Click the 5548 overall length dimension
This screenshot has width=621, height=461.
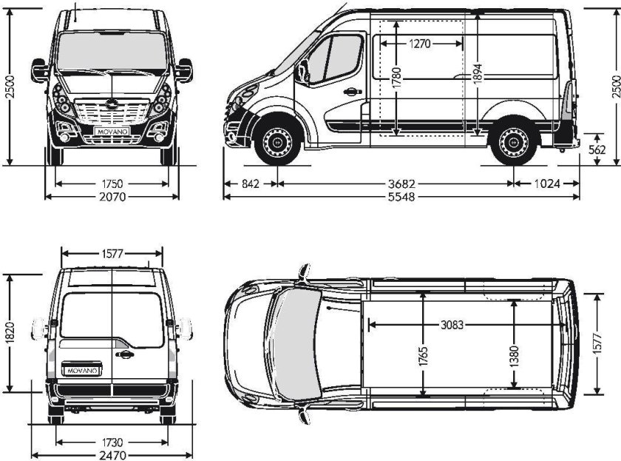(x=400, y=197)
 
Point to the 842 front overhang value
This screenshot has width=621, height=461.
(x=251, y=183)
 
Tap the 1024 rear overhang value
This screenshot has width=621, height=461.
(x=548, y=183)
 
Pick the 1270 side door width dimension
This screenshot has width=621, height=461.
(x=418, y=44)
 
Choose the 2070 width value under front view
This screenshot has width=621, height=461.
(x=112, y=197)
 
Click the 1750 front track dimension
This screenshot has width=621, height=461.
(x=112, y=183)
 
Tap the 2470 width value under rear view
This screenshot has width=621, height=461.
(x=112, y=455)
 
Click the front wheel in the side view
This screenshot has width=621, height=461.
(x=277, y=141)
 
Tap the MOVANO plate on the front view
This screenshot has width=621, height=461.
(x=112, y=132)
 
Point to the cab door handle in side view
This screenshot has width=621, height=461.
(x=350, y=92)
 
